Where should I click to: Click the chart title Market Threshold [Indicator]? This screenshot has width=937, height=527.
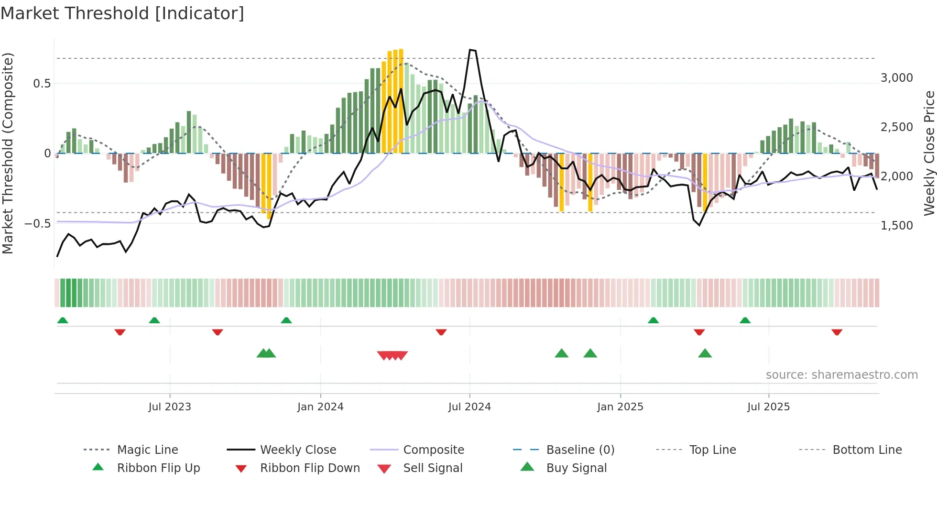point(122,13)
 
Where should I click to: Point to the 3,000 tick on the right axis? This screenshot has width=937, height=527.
point(896,78)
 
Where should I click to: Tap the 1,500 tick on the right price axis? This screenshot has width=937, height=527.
point(896,225)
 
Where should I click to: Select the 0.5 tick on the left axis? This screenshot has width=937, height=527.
point(42,84)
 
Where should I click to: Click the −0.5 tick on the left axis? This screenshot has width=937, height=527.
point(37,223)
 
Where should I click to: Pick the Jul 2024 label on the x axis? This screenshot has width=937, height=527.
point(469,407)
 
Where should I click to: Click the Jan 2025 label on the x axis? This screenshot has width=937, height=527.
point(620,407)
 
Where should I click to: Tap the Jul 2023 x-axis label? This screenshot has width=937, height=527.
point(169,407)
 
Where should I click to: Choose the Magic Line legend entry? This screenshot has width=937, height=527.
point(147,450)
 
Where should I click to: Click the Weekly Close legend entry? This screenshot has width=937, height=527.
point(298,450)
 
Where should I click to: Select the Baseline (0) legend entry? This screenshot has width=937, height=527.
point(580,450)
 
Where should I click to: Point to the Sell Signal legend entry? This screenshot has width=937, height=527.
point(432,468)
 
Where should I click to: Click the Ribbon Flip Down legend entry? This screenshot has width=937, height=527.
point(309,468)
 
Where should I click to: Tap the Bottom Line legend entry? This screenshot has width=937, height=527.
point(867,450)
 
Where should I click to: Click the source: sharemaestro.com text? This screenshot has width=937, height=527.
point(841,375)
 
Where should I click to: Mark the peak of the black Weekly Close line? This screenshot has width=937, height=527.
point(470,50)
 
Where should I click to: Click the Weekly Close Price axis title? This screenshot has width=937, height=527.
point(928,153)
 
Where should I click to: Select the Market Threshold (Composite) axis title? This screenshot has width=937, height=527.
point(8,153)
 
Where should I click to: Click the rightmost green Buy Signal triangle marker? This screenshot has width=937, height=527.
point(705,353)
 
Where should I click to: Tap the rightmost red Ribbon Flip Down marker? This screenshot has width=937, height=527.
point(837,332)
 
